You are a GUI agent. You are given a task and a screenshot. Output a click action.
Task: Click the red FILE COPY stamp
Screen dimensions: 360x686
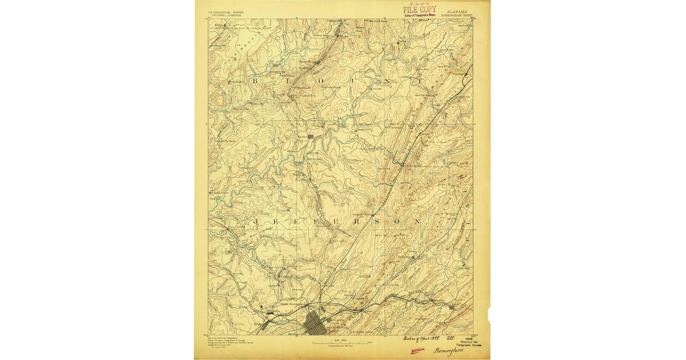click(420, 9)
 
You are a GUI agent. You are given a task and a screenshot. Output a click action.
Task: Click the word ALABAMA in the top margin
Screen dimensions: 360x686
click(456, 10)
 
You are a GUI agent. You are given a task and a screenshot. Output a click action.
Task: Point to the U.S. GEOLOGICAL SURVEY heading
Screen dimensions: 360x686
click(226, 10)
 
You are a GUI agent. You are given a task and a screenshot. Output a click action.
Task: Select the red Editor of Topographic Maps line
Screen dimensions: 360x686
click(420, 14)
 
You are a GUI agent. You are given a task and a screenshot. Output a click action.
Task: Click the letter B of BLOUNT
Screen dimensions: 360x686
click(255, 82)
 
